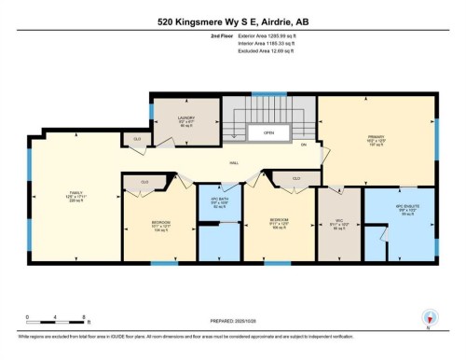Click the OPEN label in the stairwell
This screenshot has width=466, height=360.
[x=267, y=132]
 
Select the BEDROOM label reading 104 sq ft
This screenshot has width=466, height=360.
[x=160, y=225]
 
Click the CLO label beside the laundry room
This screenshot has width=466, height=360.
[x=137, y=140]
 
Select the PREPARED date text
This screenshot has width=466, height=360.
[x=233, y=323]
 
